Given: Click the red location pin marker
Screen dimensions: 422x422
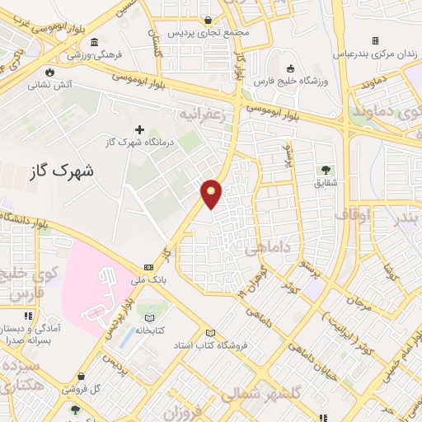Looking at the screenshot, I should [213, 192].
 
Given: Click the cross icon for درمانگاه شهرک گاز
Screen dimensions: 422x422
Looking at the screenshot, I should [139, 129].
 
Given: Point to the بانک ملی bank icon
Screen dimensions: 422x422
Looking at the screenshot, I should [148, 266].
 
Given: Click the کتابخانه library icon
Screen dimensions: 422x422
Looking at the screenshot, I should [149, 318].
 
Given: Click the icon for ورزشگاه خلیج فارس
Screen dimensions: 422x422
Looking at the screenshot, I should [291, 68].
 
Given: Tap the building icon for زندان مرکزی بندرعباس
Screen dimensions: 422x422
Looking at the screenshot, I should [375, 40].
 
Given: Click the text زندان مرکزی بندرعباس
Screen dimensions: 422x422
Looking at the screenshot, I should [375, 54].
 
